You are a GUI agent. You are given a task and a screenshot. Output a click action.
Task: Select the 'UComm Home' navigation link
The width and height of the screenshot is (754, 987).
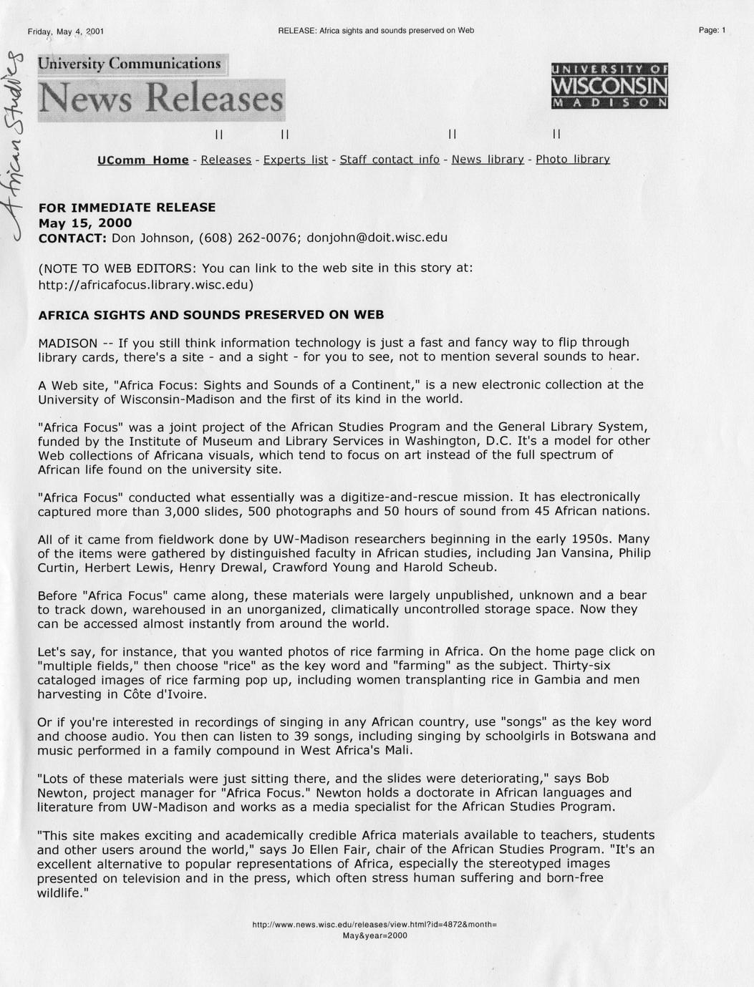tap(143, 160)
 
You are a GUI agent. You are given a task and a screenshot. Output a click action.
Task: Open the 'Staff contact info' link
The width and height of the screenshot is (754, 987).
tap(390, 160)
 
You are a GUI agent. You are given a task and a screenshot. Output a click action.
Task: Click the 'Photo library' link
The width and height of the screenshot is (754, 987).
tap(573, 160)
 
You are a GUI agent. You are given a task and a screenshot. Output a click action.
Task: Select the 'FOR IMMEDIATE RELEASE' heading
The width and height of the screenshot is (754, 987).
tap(127, 208)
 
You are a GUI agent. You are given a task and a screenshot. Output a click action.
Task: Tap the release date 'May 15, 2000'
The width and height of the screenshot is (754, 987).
tap(84, 223)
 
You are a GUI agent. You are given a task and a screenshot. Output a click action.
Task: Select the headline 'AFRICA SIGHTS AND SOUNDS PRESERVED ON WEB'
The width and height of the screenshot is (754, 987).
tap(211, 315)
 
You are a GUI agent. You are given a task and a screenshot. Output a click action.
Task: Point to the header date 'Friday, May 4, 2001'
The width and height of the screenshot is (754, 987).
tap(66, 31)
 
